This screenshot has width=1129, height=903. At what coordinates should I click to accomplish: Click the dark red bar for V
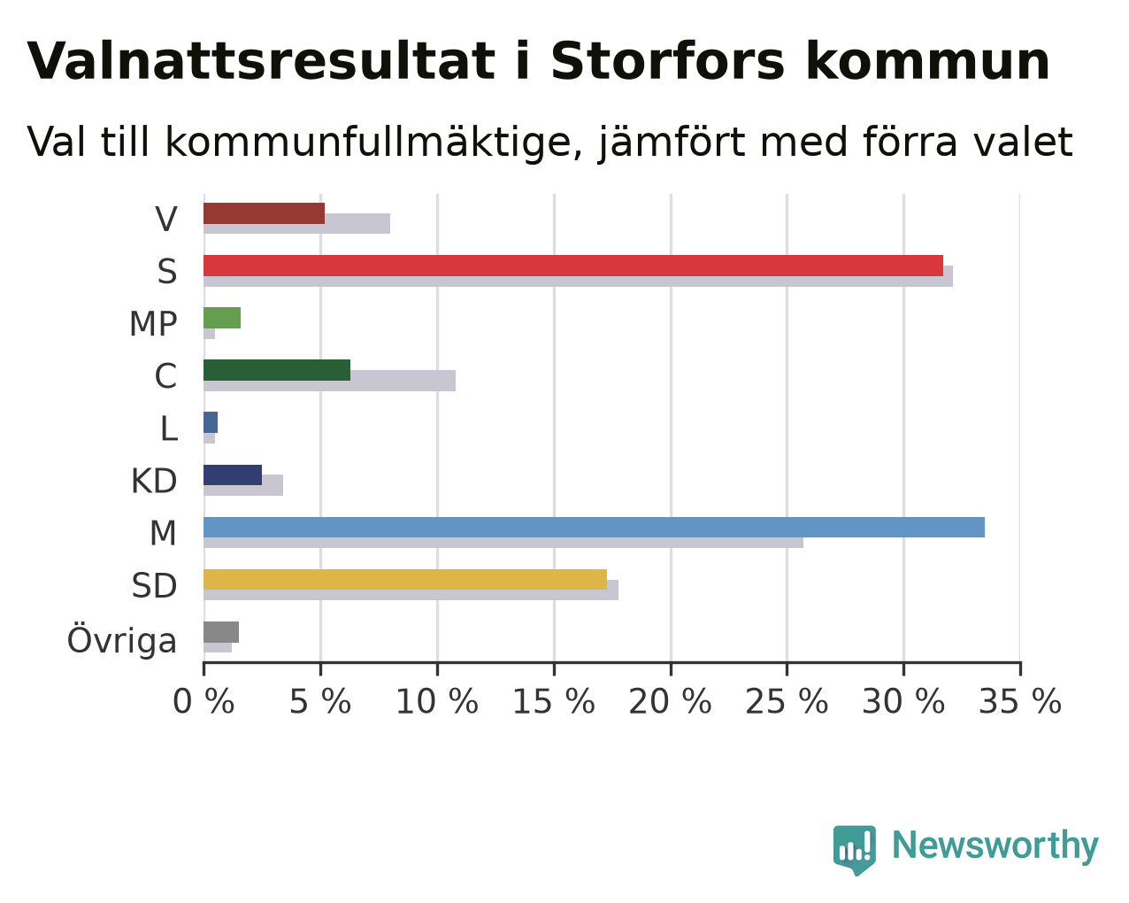(x=264, y=213)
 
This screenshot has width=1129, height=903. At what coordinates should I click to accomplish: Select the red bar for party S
(x=572, y=266)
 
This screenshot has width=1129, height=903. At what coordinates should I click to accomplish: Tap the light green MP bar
(x=222, y=318)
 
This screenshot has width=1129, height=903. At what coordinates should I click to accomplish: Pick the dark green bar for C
(x=277, y=370)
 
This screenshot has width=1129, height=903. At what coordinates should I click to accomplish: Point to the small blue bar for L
(x=211, y=422)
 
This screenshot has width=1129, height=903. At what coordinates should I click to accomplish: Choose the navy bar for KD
(x=233, y=475)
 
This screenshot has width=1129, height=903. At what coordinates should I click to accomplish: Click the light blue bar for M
(x=594, y=527)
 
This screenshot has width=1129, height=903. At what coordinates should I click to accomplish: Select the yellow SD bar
(x=405, y=580)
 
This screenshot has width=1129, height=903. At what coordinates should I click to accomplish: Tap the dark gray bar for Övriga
(x=221, y=632)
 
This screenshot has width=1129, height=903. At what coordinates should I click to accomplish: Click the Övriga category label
(x=122, y=640)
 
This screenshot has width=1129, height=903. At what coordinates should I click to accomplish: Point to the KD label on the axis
(x=154, y=481)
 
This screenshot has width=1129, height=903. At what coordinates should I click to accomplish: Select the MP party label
(x=153, y=324)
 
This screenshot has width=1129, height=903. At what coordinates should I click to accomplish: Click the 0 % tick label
(x=204, y=702)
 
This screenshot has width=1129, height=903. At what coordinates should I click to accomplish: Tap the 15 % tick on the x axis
(x=554, y=702)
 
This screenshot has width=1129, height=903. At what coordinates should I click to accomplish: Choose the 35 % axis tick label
(x=1020, y=702)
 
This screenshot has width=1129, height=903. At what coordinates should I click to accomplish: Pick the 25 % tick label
(x=787, y=702)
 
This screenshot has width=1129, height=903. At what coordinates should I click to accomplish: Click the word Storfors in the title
(x=667, y=61)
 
